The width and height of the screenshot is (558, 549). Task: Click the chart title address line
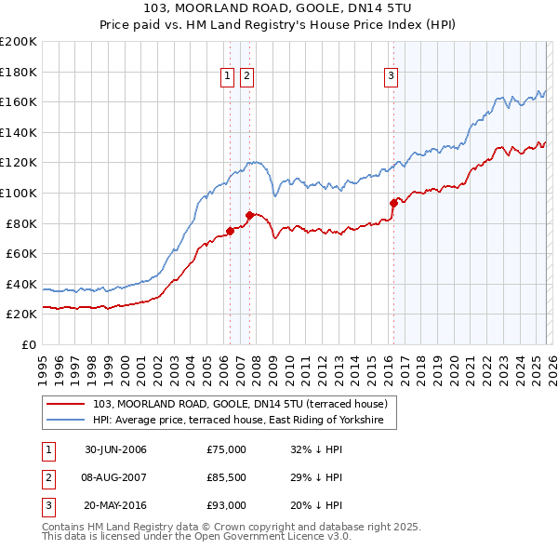point(279,8)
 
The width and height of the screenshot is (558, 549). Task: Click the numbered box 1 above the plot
point(227,76)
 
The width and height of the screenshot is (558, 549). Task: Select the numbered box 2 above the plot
point(246,76)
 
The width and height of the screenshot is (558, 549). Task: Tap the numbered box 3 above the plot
point(391,76)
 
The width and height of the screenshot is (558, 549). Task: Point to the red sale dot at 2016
point(393,203)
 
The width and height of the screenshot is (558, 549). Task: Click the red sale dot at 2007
point(249,215)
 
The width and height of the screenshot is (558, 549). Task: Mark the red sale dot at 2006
point(231,231)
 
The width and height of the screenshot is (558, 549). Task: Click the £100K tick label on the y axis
point(19,193)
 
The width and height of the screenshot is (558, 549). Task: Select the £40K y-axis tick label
point(21,284)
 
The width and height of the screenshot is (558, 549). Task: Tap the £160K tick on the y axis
point(19,101)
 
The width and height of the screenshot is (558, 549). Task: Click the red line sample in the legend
point(65,405)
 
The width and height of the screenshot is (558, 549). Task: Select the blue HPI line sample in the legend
point(65,421)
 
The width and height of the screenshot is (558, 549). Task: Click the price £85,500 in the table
point(227,477)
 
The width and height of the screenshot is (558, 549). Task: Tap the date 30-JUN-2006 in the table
point(115,449)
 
